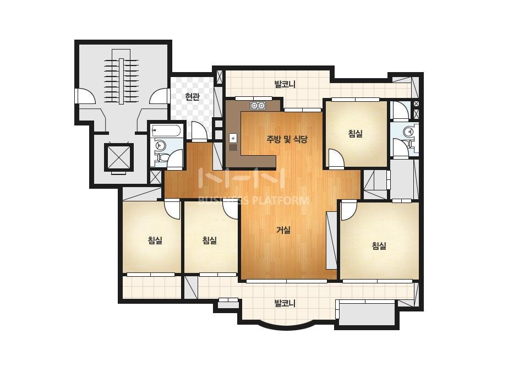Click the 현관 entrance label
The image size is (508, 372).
pyautogui.click(x=193, y=96)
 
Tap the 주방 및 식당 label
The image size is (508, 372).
pyautogui.click(x=287, y=139)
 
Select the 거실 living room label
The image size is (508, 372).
pyautogui.click(x=283, y=230)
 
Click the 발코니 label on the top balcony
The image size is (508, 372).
pyautogui.click(x=285, y=85)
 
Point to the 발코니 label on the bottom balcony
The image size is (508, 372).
pyautogui.click(x=285, y=304)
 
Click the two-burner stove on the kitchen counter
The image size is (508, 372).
pyautogui.click(x=258, y=105)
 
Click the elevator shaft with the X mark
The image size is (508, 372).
pyautogui.click(x=118, y=157)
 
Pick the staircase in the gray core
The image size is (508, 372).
pyautogui.click(x=121, y=77)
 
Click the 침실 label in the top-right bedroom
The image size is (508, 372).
pyautogui.click(x=356, y=134)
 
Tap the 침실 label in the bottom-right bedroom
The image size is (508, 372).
pyautogui.click(x=379, y=245)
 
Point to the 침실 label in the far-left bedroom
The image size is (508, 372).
pyautogui.click(x=155, y=240)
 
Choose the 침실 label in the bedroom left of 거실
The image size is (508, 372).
pyautogui.click(x=209, y=240)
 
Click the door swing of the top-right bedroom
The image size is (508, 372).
pyautogui.click(x=335, y=158)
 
